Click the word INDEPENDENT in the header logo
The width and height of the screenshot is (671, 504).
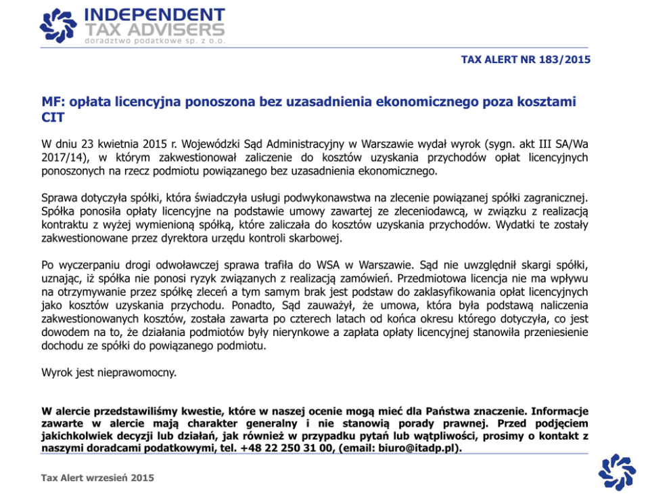[155, 15]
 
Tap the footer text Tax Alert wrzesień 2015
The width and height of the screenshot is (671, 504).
[97, 478]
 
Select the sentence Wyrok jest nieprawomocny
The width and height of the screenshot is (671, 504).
[99, 372]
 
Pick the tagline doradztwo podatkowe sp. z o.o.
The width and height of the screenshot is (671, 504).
[154, 41]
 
